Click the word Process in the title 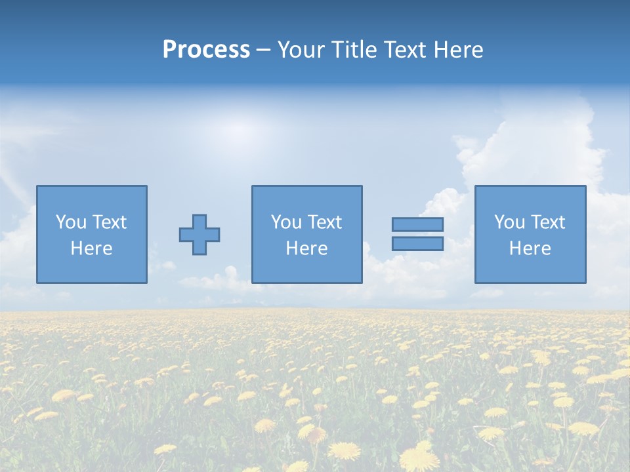[206, 50]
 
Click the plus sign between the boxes [199, 235]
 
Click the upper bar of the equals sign [417, 224]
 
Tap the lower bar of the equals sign [417, 243]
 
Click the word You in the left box [71, 222]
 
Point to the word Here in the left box [92, 248]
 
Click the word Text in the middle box [325, 222]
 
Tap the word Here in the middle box [306, 248]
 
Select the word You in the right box [509, 222]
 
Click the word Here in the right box [530, 248]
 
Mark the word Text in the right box [548, 222]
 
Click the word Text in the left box [110, 222]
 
